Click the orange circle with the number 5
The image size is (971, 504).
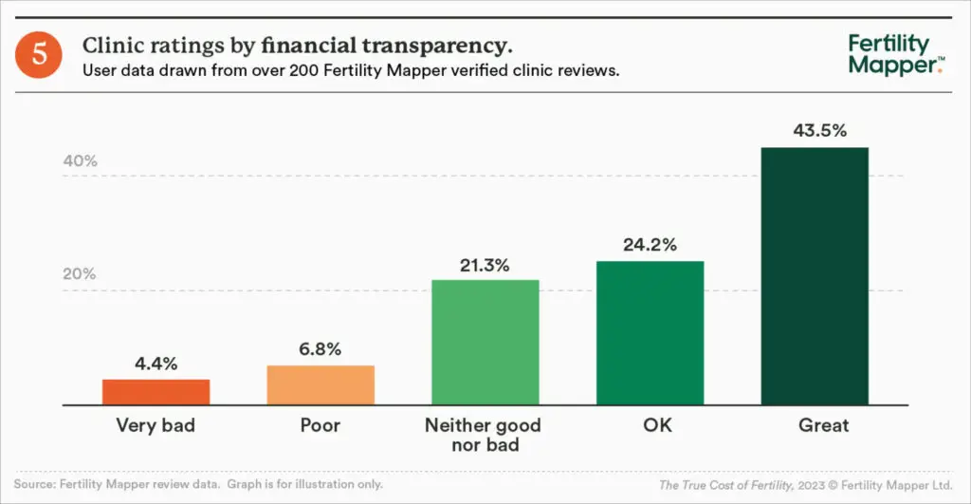[40, 54]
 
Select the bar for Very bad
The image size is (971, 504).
[156, 392]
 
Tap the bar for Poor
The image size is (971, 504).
[321, 385]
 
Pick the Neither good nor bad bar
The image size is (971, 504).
[485, 343]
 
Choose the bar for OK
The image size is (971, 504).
[650, 333]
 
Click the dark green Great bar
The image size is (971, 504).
[815, 276]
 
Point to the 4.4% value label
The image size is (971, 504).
[156, 364]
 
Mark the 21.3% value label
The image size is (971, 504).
[485, 265]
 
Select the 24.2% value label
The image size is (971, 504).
[650, 246]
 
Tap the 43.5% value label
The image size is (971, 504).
[815, 131]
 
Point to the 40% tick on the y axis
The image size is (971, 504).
[81, 161]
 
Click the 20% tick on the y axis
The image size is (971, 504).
[81, 274]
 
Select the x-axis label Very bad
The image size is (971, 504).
[156, 425]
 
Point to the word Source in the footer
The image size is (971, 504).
[35, 484]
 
